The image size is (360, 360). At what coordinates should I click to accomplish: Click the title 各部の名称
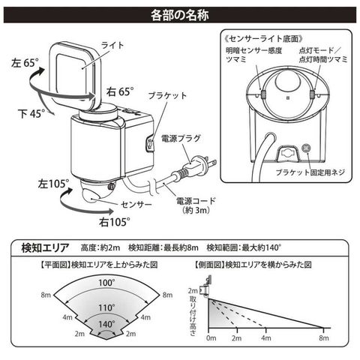179,15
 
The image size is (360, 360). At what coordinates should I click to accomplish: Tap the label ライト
112,45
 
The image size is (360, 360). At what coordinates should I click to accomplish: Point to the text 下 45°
31,114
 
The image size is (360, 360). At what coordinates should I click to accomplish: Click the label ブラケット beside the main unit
167,96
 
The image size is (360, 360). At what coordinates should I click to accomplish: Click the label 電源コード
196,201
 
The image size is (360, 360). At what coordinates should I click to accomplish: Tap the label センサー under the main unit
136,205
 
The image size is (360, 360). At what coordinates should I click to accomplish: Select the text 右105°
115,222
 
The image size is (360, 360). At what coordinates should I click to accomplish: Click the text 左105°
53,184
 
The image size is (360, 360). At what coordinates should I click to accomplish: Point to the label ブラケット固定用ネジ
310,172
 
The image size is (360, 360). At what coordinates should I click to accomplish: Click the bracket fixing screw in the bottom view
306,148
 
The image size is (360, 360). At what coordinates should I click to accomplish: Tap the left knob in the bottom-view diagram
263,94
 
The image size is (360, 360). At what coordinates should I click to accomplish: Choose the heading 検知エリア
45,247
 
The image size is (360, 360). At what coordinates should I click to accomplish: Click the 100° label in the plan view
106,283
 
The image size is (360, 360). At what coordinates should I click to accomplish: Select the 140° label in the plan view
106,324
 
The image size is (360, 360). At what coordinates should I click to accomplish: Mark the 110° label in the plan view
106,307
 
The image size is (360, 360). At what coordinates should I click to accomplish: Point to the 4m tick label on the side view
266,338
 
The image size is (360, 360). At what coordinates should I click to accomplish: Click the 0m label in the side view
211,338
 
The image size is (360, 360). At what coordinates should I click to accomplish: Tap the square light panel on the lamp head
74,75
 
